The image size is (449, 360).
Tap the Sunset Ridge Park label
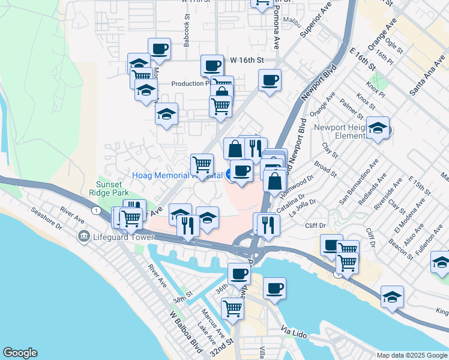point(113,189)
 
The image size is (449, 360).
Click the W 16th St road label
point(247,61)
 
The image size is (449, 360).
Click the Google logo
point(20,353)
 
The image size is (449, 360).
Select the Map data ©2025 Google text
point(411,355)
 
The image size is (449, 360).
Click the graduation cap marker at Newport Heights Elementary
point(378,128)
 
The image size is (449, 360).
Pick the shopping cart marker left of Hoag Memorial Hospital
point(202,163)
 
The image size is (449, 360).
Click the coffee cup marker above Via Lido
point(274,287)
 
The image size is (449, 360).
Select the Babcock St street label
point(187,37)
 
